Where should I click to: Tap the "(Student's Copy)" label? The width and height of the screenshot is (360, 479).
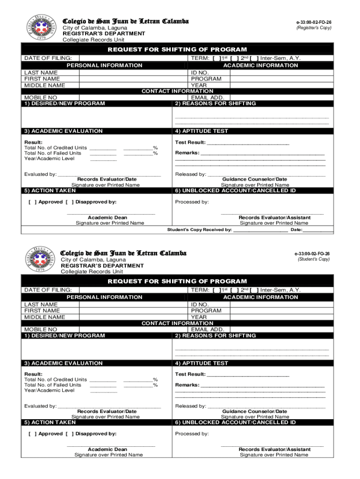(314, 259)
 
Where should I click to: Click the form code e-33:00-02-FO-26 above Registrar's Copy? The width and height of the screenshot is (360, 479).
(314, 22)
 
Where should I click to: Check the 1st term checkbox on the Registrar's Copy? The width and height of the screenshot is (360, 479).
(216, 58)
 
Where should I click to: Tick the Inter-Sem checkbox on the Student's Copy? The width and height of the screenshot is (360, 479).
(254, 290)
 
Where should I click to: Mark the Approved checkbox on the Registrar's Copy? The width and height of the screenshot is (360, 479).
(32, 202)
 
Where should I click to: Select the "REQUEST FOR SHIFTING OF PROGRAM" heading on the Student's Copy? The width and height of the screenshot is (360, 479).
(177, 281)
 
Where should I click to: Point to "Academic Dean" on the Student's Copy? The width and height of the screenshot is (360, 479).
(108, 449)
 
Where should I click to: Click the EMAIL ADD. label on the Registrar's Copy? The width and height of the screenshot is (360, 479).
(204, 97)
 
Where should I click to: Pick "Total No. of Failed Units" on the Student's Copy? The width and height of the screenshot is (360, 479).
(53, 385)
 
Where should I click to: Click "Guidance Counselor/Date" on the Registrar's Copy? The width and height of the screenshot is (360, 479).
(254, 179)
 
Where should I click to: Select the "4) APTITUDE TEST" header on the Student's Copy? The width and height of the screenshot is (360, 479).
(202, 363)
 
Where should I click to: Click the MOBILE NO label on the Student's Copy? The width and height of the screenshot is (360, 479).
(41, 329)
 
